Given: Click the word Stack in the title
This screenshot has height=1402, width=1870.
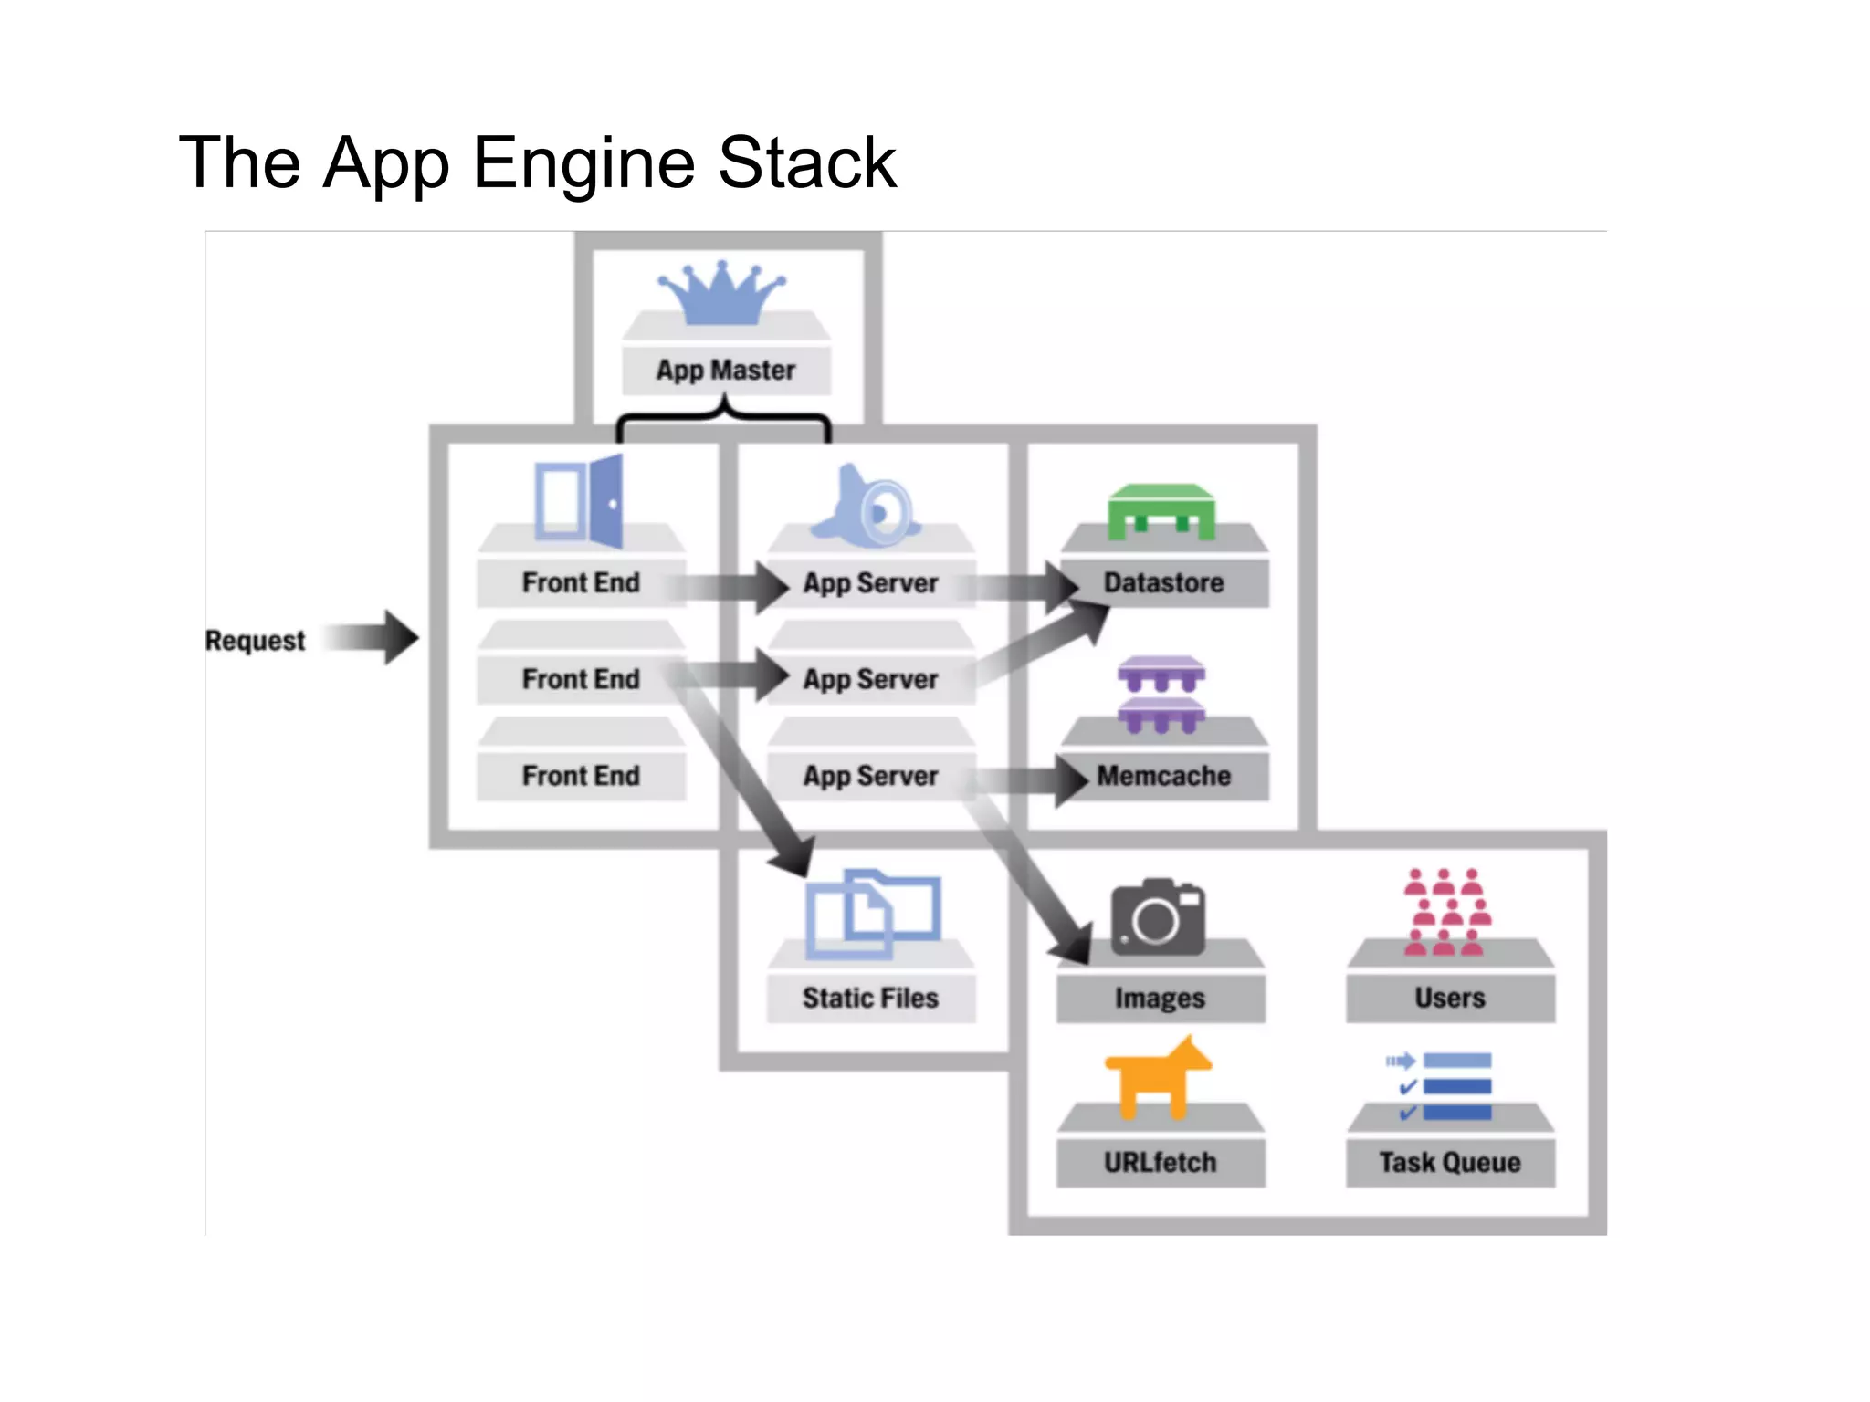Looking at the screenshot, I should click(x=807, y=162).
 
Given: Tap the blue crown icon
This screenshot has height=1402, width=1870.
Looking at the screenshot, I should click(x=721, y=294).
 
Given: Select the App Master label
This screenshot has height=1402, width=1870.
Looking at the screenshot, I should click(x=726, y=371).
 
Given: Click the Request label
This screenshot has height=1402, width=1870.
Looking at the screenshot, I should click(x=255, y=641).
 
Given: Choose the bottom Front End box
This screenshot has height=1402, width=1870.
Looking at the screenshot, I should click(x=581, y=776).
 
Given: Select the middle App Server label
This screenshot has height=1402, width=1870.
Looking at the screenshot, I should click(x=870, y=679).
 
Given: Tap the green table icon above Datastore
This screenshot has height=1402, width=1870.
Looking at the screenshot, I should click(x=1161, y=511).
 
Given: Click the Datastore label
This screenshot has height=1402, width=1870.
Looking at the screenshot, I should click(x=1163, y=582).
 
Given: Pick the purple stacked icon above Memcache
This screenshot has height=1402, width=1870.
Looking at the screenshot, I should click(x=1161, y=694).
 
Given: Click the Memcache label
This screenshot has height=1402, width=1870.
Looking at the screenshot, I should click(x=1163, y=776).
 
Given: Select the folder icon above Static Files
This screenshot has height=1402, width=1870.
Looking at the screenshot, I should click(x=872, y=913).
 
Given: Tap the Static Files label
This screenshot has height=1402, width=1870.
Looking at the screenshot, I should click(x=870, y=998).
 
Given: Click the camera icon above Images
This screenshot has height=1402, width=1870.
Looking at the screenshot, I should click(x=1158, y=918).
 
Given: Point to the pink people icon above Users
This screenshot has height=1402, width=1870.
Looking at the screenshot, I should click(x=1448, y=911).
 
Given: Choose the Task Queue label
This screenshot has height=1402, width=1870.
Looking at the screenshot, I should click(x=1450, y=1162).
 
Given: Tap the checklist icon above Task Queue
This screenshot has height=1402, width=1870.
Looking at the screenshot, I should click(x=1441, y=1086).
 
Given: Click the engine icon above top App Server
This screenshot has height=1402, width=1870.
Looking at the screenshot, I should click(x=867, y=507).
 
